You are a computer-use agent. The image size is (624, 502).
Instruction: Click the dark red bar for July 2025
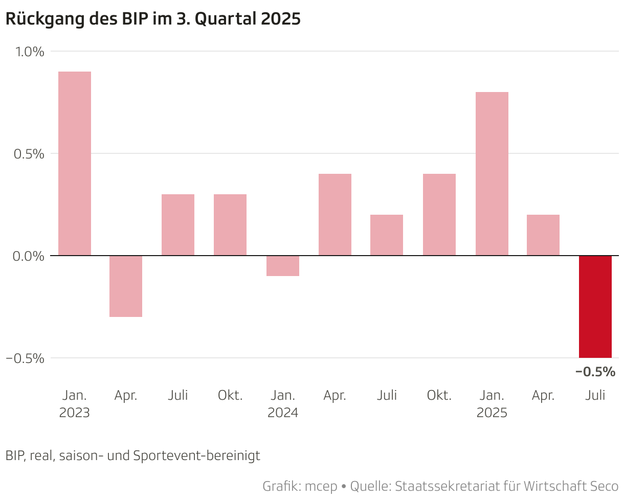(x=595, y=307)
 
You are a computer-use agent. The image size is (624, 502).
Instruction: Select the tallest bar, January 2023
(x=75, y=164)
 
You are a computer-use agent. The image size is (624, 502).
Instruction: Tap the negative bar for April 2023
(x=126, y=286)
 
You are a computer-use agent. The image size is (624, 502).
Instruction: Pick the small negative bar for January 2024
(x=283, y=266)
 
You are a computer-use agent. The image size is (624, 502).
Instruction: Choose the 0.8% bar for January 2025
(x=492, y=174)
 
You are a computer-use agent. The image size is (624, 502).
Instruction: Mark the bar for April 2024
(x=335, y=215)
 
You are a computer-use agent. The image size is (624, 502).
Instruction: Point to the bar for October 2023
(x=230, y=225)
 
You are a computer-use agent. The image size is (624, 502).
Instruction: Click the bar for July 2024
(x=387, y=235)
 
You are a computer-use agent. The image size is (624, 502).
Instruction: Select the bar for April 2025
(x=543, y=235)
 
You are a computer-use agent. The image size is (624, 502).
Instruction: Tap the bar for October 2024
(x=439, y=215)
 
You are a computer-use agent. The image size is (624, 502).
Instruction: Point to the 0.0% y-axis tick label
(x=29, y=256)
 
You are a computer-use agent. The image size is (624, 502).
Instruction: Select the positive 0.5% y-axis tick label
(x=29, y=154)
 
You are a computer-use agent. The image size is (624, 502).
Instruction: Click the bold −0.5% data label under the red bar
(x=595, y=372)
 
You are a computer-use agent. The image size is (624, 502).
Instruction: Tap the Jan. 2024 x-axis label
(x=283, y=404)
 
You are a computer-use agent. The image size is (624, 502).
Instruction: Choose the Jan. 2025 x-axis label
(x=492, y=404)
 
